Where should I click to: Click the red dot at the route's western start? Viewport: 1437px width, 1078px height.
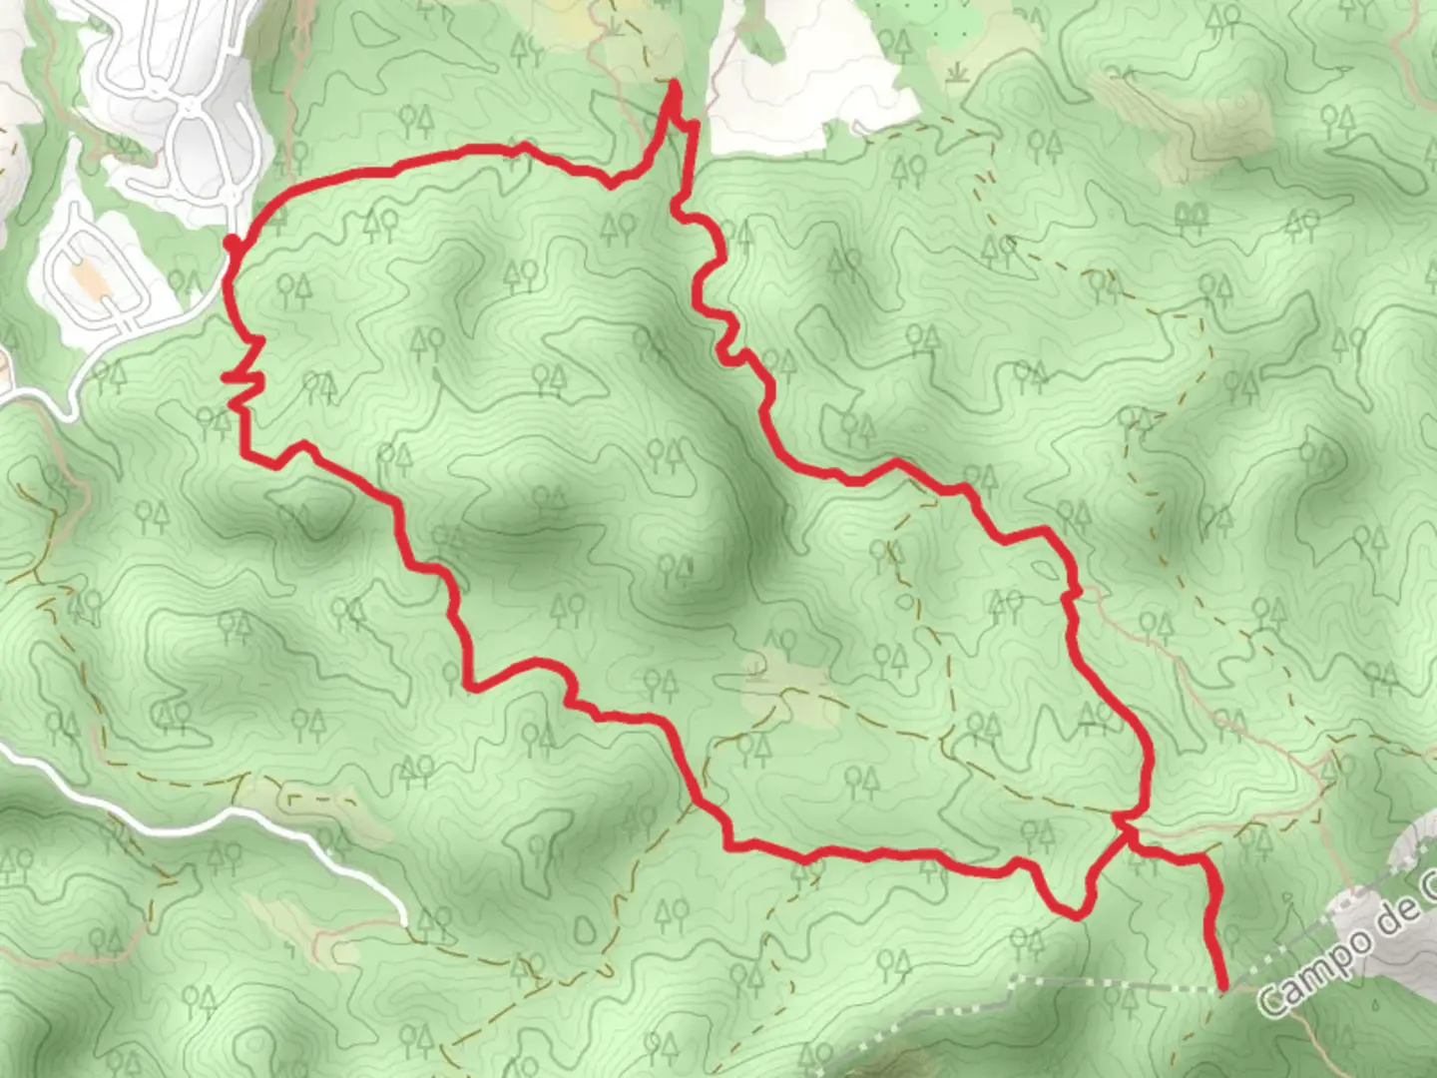click(231, 244)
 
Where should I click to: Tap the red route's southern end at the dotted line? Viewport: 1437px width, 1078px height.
click(1223, 987)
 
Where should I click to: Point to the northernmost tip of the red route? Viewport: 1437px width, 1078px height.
click(676, 84)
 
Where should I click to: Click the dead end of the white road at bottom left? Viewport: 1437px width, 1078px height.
click(404, 919)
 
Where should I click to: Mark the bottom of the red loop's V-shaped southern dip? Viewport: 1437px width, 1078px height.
click(1073, 913)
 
